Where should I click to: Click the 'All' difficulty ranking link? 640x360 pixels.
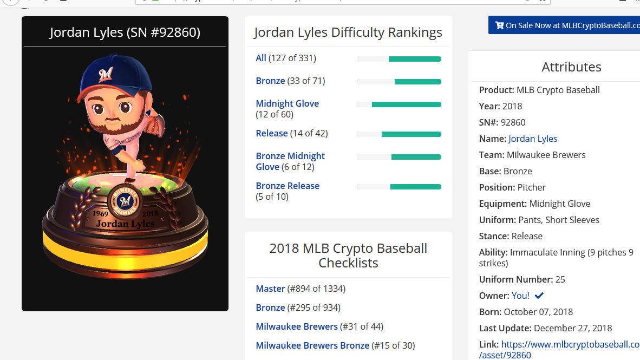261,58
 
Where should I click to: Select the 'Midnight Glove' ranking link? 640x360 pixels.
287,103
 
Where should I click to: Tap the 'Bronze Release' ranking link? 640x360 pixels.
288,186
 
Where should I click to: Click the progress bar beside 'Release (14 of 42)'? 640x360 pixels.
399,134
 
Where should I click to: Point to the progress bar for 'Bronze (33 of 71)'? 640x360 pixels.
399,82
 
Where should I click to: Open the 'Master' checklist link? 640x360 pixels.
270,289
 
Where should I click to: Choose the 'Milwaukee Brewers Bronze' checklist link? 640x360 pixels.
312,345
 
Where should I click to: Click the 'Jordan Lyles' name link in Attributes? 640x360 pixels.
533,139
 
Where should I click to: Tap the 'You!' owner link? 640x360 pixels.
520,296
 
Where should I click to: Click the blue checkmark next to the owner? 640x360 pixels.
539,296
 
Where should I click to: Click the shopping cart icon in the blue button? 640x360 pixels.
499,25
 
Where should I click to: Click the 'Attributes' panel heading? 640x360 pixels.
571,67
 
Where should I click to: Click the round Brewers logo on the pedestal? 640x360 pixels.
125,201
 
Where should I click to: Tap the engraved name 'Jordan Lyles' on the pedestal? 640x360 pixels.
125,224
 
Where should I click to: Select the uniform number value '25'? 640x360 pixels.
560,279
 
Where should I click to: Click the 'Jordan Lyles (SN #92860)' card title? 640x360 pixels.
125,32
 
